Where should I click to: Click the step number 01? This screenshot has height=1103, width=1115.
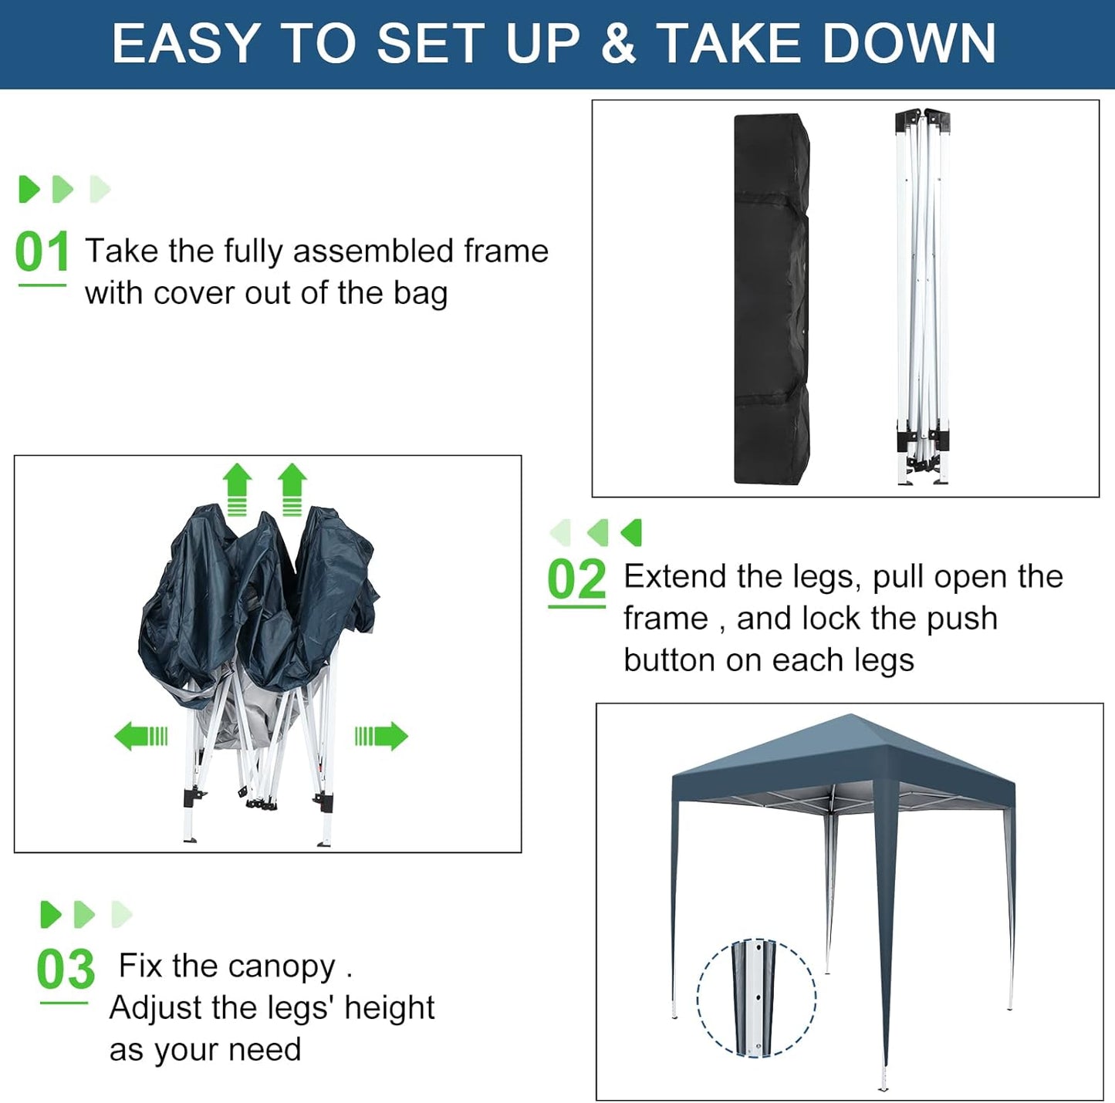coord(42,252)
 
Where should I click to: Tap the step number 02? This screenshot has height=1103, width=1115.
coord(576,579)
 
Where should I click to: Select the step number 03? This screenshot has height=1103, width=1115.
coord(66,970)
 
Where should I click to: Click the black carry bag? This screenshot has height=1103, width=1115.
coord(771,299)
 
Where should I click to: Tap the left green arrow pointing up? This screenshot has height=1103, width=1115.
coord(237,488)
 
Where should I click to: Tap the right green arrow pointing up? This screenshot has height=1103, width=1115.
coord(292,488)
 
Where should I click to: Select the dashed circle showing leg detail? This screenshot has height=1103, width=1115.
coord(756,998)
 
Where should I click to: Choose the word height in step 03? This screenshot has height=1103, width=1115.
coord(389,1008)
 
